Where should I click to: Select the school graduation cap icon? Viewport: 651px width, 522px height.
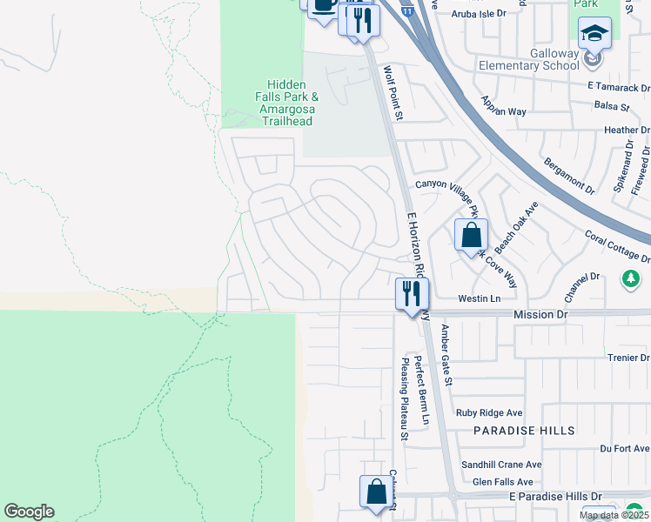[x=595, y=34]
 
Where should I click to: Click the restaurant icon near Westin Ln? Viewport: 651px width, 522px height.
[x=412, y=294]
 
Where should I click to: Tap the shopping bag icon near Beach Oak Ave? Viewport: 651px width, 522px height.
[x=471, y=235]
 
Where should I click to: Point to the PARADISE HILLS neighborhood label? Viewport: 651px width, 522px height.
[x=524, y=431]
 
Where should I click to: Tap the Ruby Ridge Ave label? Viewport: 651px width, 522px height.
[x=491, y=412]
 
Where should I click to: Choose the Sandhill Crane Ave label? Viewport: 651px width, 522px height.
[x=500, y=465]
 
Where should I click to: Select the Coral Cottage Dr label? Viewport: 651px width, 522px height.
[x=617, y=246]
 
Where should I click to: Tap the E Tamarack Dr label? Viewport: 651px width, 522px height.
[x=619, y=87]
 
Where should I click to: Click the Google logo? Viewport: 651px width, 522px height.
[x=29, y=512]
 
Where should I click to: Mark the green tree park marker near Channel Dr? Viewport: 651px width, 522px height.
[x=631, y=279]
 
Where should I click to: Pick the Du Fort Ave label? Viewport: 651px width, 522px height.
[x=625, y=448]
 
